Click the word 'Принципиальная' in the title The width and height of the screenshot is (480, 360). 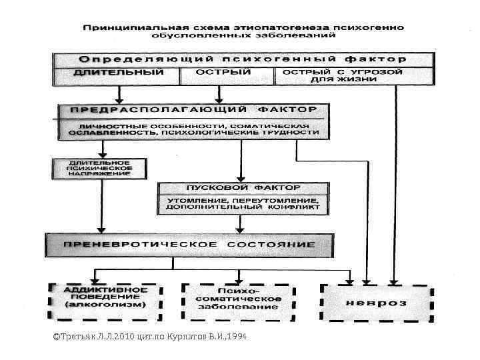pos(124,29)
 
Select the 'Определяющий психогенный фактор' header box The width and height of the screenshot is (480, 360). pos(243,59)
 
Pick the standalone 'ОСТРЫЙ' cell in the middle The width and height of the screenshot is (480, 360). pos(223,72)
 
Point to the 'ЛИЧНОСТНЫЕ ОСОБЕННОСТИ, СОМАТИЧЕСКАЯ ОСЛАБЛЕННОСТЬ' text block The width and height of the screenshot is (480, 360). pos(194,129)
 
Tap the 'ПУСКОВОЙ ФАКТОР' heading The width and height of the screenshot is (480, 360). pos(243,187)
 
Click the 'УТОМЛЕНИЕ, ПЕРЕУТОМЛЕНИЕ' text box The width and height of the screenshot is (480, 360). pos(243,204)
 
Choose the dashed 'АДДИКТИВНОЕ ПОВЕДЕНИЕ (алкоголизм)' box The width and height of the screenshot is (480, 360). pos(105,302)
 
